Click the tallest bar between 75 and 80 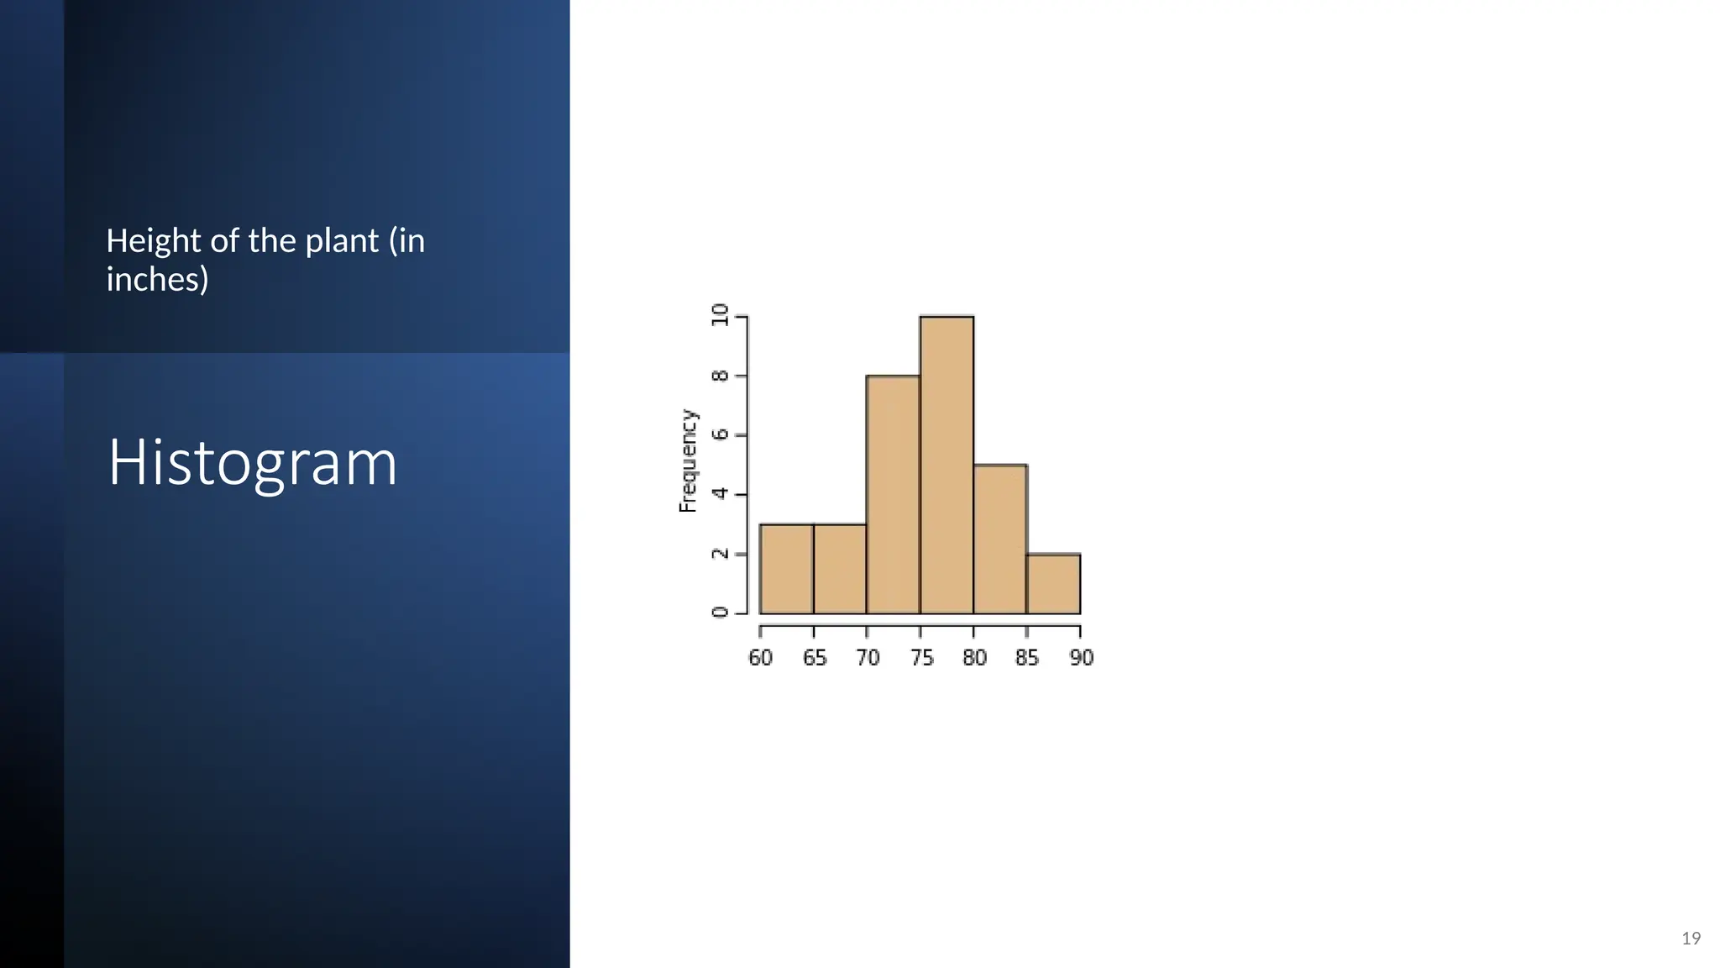coord(947,465)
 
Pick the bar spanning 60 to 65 coord(786,569)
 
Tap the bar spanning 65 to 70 coord(840,569)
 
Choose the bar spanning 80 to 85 coord(1000,539)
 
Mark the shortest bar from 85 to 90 coord(1053,583)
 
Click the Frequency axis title coord(688,460)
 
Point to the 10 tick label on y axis coord(720,315)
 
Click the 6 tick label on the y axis coord(720,434)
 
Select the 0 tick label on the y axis coord(720,612)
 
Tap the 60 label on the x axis coord(760,658)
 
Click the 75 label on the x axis coord(921,658)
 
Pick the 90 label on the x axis coord(1082,658)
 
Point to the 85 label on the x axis coord(1027,658)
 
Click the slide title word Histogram coord(252,463)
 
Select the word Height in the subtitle coord(154,242)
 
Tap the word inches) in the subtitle coord(157,280)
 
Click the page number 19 coord(1691,939)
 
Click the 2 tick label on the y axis coord(720,554)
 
